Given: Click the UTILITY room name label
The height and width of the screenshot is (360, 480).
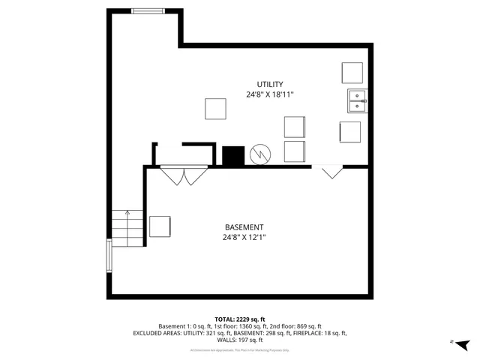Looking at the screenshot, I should click(269, 85).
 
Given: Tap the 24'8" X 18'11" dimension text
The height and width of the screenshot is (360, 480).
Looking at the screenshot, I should click(269, 95).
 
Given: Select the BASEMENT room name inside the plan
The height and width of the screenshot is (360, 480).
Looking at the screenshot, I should click(244, 227).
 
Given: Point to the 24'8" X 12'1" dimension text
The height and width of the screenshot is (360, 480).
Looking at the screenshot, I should click(244, 238).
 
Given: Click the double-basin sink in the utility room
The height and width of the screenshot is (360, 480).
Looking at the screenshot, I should click(357, 100).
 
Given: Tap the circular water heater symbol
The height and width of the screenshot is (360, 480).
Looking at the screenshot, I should click(259, 154).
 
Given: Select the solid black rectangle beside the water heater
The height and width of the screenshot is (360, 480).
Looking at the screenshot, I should click(234, 155).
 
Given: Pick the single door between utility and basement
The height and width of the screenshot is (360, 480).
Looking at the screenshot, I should click(332, 172).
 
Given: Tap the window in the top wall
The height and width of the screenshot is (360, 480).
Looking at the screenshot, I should click(147, 10).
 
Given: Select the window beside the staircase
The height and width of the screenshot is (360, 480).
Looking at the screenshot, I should click(110, 257).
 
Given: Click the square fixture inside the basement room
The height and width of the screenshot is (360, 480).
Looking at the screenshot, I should click(160, 226).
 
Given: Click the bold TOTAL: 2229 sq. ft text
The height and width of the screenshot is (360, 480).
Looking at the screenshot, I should click(240, 319).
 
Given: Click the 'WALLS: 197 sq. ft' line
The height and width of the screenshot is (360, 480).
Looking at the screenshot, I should click(240, 340).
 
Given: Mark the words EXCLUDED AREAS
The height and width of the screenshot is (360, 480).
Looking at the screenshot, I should click(157, 333).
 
